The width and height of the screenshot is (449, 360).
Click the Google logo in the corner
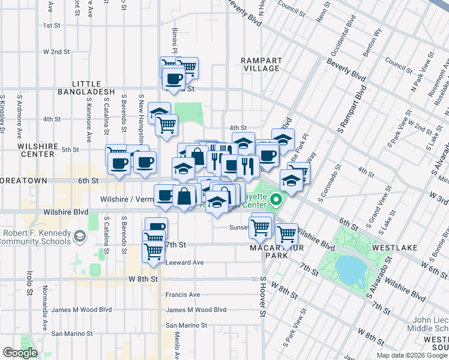(20, 353)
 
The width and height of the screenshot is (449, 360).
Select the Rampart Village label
(260, 64)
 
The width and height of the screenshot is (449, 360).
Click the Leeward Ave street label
(184, 263)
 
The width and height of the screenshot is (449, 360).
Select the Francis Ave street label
(182, 295)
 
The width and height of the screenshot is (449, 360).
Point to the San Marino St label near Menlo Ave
(187, 325)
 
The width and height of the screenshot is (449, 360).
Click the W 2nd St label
(56, 52)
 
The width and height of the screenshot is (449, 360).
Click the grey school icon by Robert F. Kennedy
(79, 237)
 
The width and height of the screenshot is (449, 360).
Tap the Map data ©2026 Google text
(411, 355)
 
